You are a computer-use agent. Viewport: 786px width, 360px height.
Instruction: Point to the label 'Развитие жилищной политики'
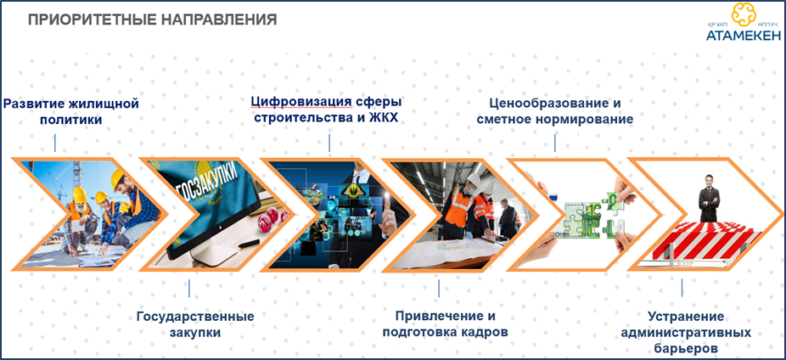(70, 112)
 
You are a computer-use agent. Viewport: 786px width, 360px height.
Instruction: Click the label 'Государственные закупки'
(195, 324)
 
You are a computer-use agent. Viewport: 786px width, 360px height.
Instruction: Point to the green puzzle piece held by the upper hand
(614, 201)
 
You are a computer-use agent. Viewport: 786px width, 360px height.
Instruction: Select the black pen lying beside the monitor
(249, 243)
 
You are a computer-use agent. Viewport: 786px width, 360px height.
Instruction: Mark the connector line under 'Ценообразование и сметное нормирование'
(554, 143)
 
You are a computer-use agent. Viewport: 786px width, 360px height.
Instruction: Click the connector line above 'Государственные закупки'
(189, 288)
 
